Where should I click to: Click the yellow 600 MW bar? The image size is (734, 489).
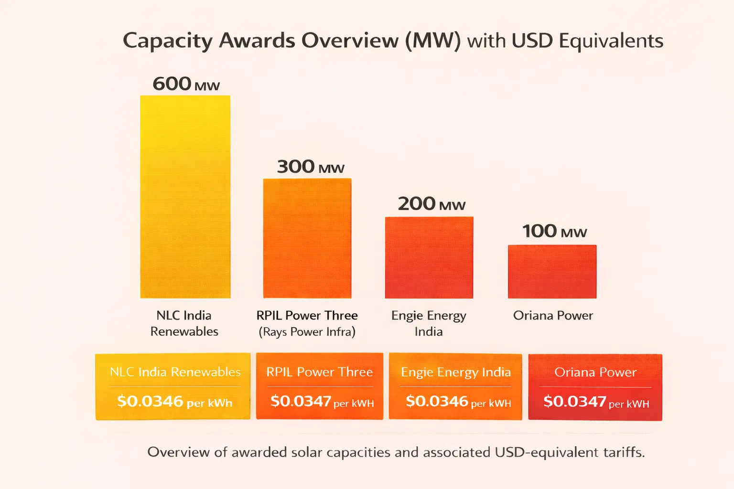pos(185,197)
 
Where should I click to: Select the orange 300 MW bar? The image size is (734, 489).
pos(307,238)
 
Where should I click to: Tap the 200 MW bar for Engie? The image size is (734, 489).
pos(429,257)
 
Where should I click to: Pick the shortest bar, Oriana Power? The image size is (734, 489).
pos(552,271)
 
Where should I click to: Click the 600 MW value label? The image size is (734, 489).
pos(186,84)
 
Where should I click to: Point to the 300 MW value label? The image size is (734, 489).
pos(311,167)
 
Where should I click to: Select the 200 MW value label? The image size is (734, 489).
pos(432,204)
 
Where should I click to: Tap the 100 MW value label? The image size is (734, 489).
pos(554,231)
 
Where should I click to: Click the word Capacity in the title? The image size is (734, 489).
pos(167,41)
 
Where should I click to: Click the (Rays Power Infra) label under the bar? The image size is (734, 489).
pos(307,332)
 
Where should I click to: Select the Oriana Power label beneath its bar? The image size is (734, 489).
pos(553,316)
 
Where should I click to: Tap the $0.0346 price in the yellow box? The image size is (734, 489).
pos(150,401)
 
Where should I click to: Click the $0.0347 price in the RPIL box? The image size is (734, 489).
pos(301,401)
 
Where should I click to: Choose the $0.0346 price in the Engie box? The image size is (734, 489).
pos(437,401)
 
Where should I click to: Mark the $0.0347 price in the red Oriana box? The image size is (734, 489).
pos(574,402)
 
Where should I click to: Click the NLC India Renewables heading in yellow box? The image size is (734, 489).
pos(175,372)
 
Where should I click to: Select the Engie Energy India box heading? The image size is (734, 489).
pos(456,372)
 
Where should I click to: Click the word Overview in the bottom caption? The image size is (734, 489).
pos(178,452)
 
